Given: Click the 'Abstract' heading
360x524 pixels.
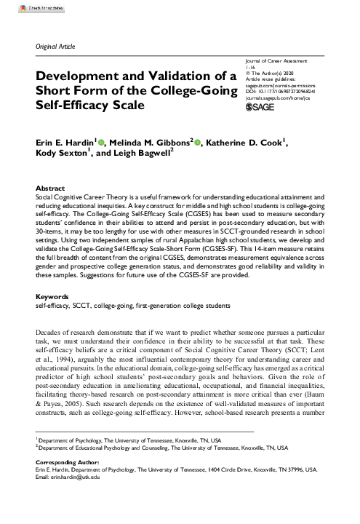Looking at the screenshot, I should [51, 188].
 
